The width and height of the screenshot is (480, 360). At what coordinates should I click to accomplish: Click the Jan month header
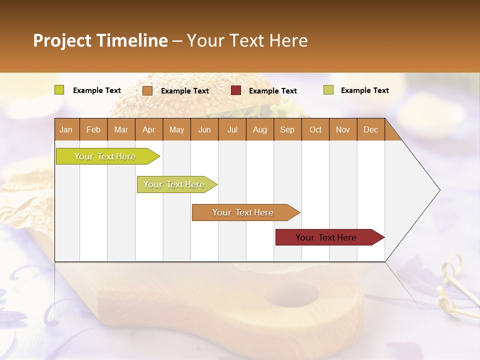tap(66, 129)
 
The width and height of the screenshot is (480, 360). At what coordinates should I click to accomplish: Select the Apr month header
tap(148, 129)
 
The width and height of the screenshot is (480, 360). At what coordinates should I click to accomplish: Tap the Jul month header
tap(232, 129)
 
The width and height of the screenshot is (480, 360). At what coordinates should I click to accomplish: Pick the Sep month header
tap(287, 129)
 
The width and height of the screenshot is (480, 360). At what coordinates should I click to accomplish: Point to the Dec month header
tap(370, 129)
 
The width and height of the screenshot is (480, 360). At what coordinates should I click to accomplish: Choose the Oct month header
tap(315, 129)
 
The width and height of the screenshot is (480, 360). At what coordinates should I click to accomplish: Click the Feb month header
tap(93, 129)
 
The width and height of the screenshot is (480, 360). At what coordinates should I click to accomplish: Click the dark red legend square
tap(236, 90)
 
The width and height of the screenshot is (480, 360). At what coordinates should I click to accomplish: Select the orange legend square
tap(147, 90)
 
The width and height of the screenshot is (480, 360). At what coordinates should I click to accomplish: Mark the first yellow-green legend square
tap(59, 90)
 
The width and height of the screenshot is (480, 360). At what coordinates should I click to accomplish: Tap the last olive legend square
tap(328, 90)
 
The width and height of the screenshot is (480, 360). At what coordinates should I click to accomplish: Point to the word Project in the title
tap(62, 40)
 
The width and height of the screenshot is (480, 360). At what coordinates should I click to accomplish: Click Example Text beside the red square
tap(272, 91)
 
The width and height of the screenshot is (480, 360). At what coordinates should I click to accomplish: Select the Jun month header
tap(204, 129)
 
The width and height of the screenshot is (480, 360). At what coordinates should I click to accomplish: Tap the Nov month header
tap(343, 129)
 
